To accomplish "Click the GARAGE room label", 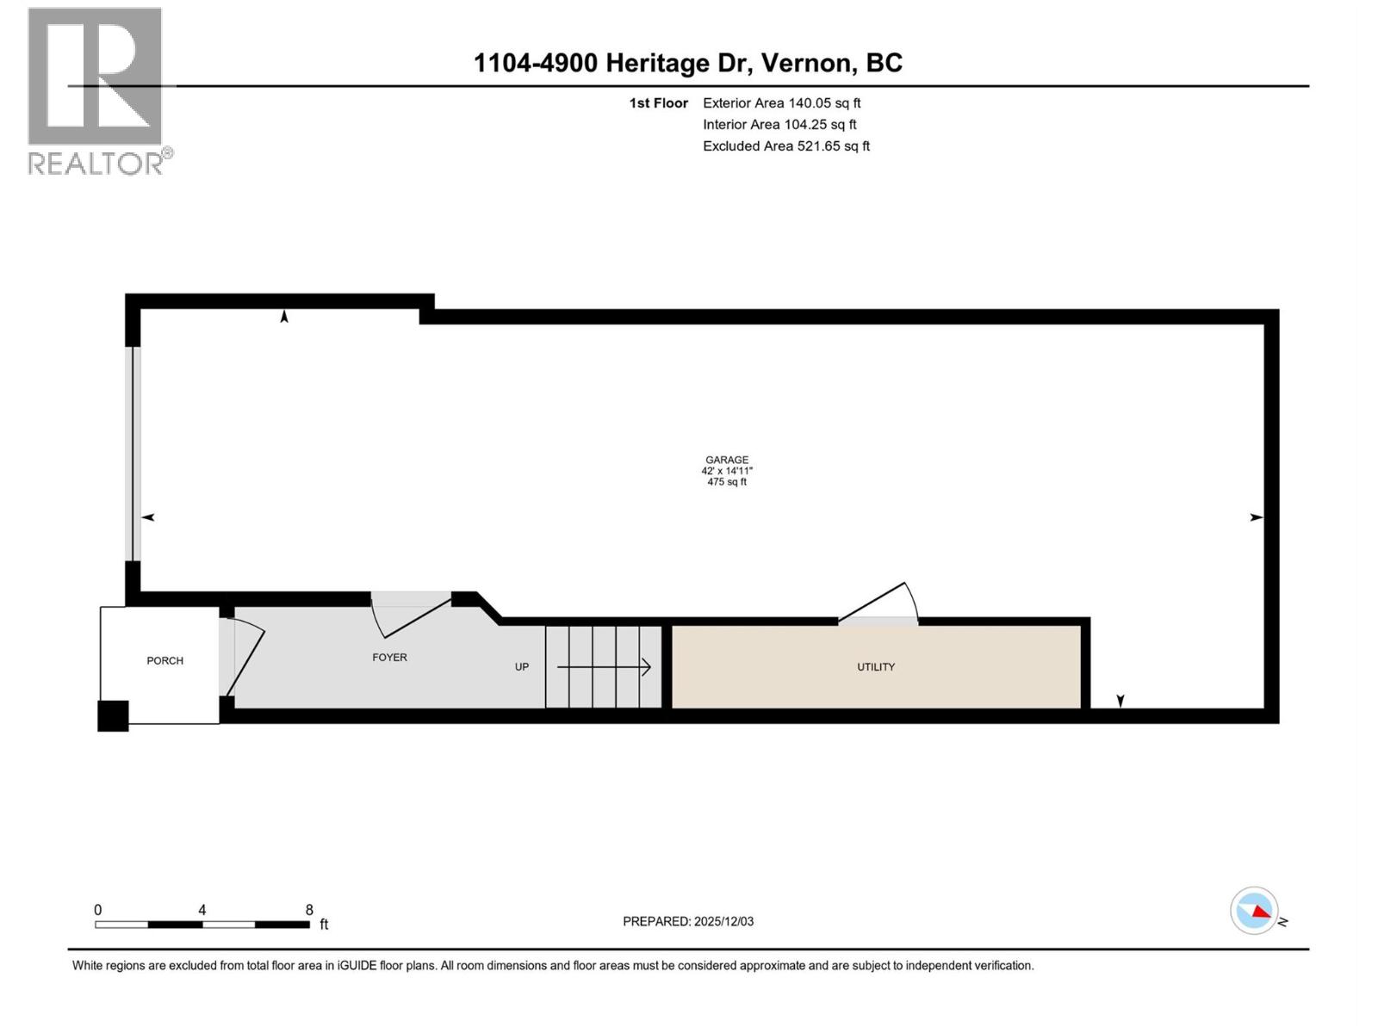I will pyautogui.click(x=727, y=460).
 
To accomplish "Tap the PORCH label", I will pyautogui.click(x=164, y=661).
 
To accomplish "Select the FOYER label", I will pyautogui.click(x=389, y=658).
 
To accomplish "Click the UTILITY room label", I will pyautogui.click(x=875, y=667).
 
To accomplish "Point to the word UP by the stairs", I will pyautogui.click(x=522, y=667).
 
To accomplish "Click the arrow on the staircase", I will pyautogui.click(x=604, y=667).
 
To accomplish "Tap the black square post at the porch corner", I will pyautogui.click(x=113, y=716).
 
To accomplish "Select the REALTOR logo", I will pyautogui.click(x=96, y=90).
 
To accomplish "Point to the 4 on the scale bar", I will pyautogui.click(x=202, y=910).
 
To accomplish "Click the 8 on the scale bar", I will pyautogui.click(x=309, y=910).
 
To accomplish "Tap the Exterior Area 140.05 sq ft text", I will pyautogui.click(x=781, y=103).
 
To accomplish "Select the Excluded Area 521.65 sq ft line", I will pyautogui.click(x=785, y=146).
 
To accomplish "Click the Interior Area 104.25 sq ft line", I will pyautogui.click(x=779, y=125).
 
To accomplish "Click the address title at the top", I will pyautogui.click(x=688, y=63).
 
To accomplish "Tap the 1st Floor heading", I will pyautogui.click(x=658, y=103).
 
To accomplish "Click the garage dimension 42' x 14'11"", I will pyautogui.click(x=727, y=471).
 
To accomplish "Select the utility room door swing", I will pyautogui.click(x=878, y=603).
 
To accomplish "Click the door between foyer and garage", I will pyautogui.click(x=411, y=613).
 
